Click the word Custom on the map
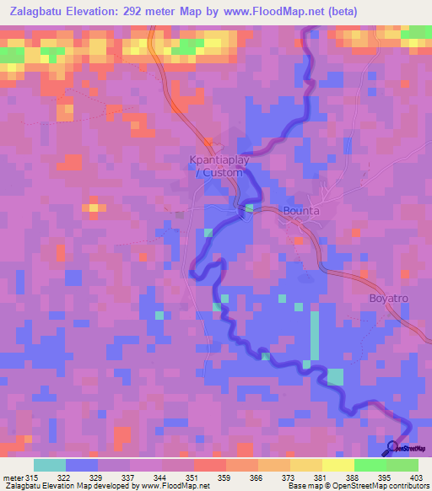[224, 172]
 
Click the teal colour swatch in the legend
[50, 465]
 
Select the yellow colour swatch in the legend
[337, 465]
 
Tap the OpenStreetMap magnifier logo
[393, 447]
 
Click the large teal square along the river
[336, 376]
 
